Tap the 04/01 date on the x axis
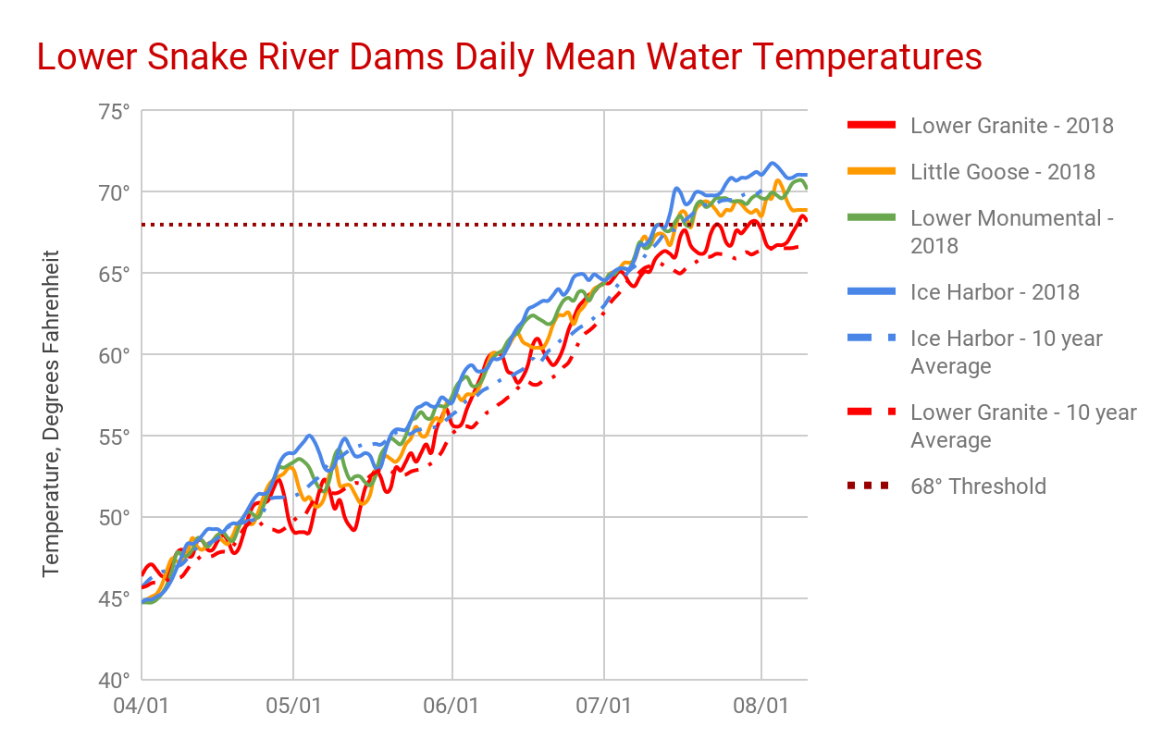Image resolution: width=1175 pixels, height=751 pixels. pos(142,706)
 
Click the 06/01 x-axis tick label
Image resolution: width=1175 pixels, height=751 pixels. pos(452,706)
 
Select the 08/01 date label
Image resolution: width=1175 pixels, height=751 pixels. pos(761,706)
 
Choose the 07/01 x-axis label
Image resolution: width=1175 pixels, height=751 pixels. pos(604,706)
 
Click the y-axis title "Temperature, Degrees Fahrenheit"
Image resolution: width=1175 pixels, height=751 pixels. pos(51,412)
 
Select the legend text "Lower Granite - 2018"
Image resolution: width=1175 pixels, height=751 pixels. pos(1012,126)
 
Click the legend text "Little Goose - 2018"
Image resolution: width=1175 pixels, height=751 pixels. pos(1003,172)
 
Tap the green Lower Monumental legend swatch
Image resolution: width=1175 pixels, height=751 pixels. pos(871,218)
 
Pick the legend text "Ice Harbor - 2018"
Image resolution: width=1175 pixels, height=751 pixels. pos(996,292)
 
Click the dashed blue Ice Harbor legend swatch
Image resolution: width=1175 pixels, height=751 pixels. pos(871,339)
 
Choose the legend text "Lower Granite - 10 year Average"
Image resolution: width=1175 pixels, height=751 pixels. pos(1023,426)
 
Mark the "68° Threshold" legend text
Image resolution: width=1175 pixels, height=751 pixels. pos(979,486)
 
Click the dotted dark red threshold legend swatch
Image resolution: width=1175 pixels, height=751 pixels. pos(871,486)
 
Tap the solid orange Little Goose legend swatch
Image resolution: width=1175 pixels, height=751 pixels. pos(871,172)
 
